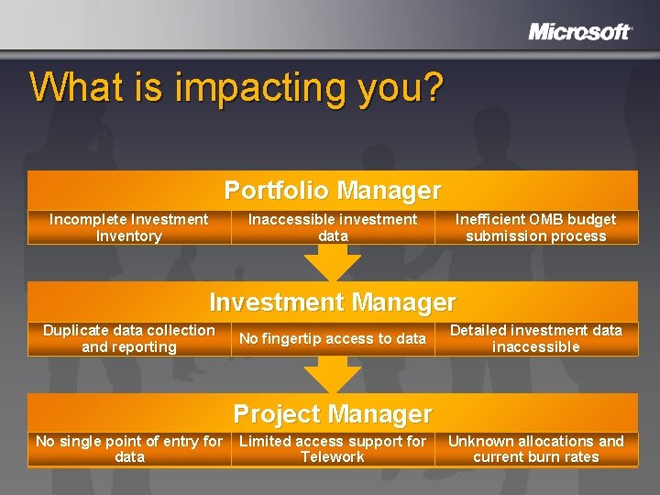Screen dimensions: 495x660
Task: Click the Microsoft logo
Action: tap(579, 32)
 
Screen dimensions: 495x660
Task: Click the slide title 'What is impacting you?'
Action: tap(236, 87)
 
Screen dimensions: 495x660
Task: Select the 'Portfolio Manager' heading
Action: tap(332, 191)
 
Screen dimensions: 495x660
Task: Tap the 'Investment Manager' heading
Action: tap(332, 302)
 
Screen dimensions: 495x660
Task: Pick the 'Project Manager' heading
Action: tap(332, 414)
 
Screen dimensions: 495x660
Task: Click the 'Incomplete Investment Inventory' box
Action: tap(128, 227)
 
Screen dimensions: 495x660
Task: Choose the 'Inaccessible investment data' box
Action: tap(332, 227)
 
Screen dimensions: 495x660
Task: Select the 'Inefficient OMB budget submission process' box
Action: tap(535, 227)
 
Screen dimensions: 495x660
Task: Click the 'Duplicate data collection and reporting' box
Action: tap(128, 338)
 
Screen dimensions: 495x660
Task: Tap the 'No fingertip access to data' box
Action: tap(332, 338)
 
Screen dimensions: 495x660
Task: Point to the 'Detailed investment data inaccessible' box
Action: tap(535, 338)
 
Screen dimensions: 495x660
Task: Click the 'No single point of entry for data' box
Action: tap(128, 449)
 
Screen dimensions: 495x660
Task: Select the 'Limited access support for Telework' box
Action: tap(332, 449)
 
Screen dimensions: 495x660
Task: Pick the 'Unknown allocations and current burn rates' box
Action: tap(535, 449)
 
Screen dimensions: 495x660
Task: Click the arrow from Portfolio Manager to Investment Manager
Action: tap(332, 263)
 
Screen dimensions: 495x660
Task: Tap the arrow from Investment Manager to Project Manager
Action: tap(332, 374)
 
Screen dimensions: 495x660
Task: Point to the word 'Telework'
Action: tap(332, 457)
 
